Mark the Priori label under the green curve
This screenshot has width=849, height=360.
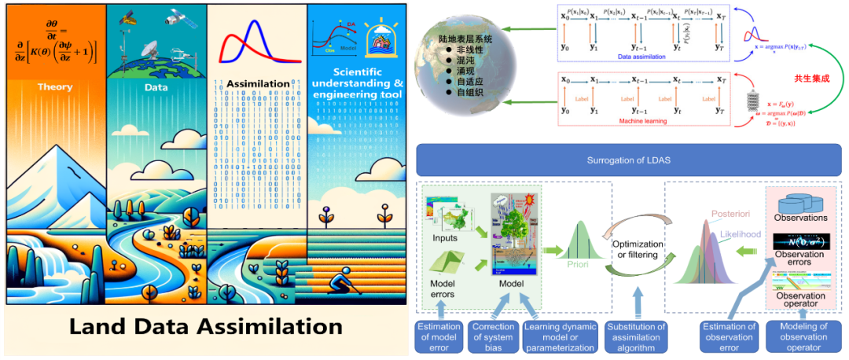coord(578,265)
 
